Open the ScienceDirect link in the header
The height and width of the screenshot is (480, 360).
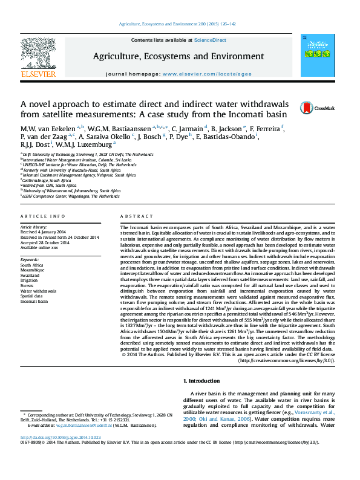coord(210,39)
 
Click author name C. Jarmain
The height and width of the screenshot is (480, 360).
coord(187,128)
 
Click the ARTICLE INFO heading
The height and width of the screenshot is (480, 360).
coord(43,216)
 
